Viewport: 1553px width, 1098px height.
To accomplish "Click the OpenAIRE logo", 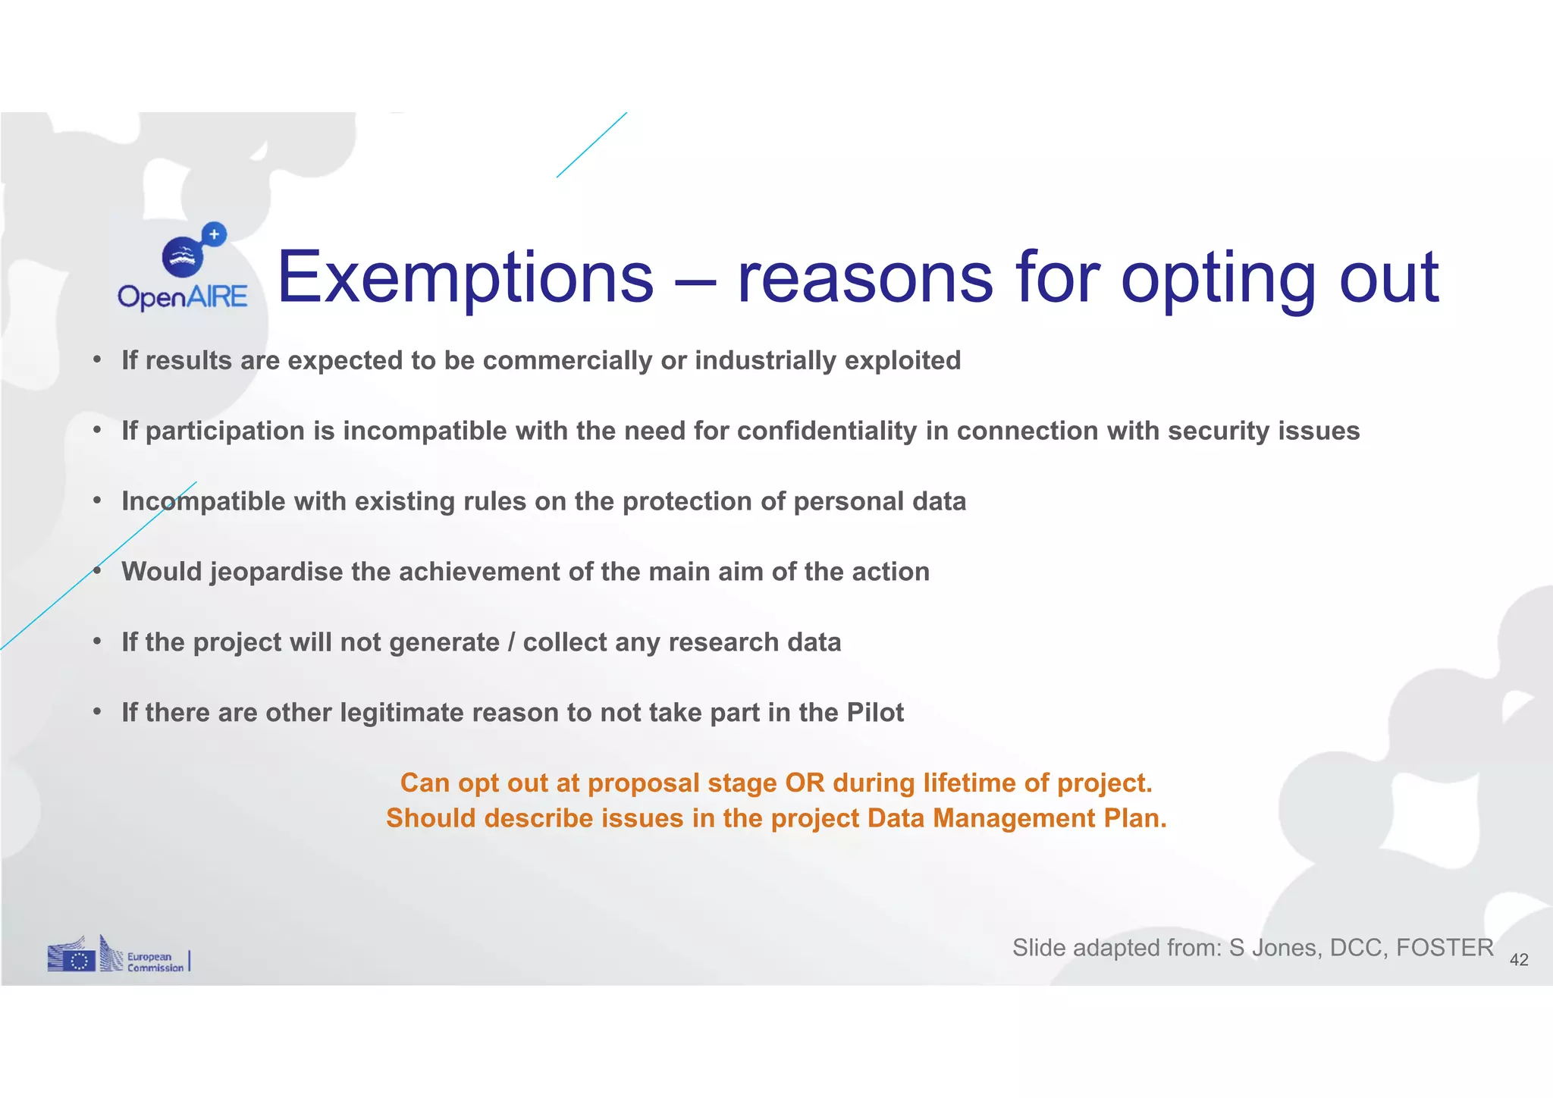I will pos(183,269).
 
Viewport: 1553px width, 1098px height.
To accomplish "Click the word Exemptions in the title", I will pos(465,278).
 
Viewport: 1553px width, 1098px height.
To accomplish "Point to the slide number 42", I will pos(1519,960).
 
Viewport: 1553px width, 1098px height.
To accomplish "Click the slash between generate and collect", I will pos(511,642).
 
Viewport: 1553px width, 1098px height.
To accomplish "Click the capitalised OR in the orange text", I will pos(805,783).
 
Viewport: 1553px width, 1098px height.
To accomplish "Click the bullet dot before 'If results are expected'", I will pos(97,359).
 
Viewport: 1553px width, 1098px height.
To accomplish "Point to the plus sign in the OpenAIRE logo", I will pos(215,234).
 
